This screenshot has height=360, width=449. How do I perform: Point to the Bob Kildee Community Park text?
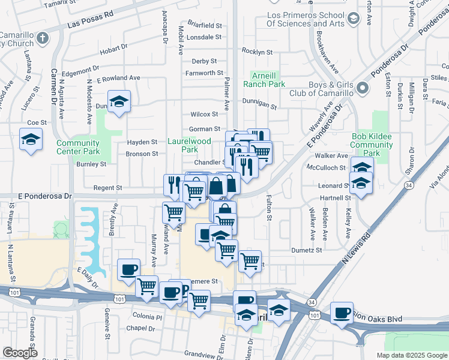click(371, 145)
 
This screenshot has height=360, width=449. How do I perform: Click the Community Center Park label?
click(78, 147)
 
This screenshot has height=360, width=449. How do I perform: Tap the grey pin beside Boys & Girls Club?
click(362, 89)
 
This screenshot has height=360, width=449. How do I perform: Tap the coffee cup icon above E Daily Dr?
click(128, 269)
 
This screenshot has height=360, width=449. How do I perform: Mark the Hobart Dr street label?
click(114, 48)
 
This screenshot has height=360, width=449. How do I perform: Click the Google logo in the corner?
click(20, 353)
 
